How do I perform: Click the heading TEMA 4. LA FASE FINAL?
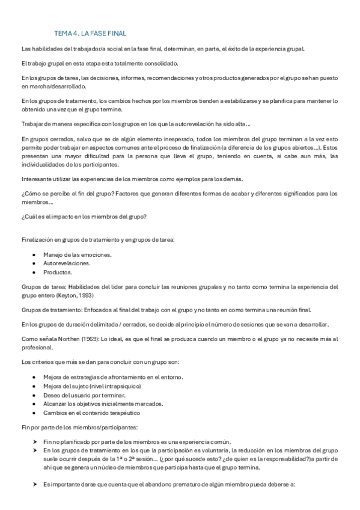coord(90,34)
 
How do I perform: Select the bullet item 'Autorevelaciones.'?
coord(67,263)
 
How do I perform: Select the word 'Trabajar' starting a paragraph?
coord(33,124)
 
